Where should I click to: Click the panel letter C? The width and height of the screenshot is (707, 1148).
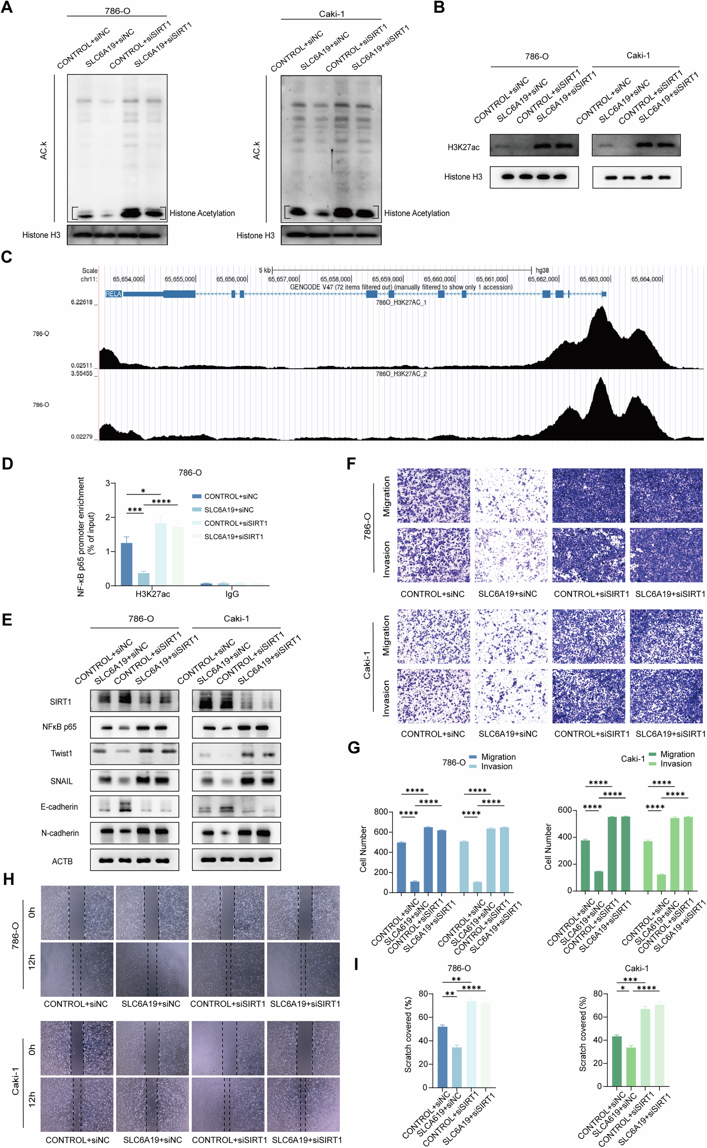[x=6, y=257]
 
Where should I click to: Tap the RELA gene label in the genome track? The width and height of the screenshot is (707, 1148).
[x=113, y=294]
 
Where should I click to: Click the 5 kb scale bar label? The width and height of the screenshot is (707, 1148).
[x=264, y=270]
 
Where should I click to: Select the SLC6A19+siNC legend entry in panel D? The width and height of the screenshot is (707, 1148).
[x=229, y=510]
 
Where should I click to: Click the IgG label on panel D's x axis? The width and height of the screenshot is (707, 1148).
[x=232, y=594]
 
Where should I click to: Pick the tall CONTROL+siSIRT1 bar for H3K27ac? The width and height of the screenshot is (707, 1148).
[x=160, y=554]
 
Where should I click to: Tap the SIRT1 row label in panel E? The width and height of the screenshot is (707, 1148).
[x=60, y=701]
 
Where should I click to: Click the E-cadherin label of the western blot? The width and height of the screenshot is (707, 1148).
[x=59, y=807]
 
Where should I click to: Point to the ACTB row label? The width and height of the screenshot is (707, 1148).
[x=62, y=861]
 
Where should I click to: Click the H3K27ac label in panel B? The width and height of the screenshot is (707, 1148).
[x=463, y=147]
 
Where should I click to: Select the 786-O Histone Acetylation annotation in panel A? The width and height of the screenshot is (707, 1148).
[x=202, y=213]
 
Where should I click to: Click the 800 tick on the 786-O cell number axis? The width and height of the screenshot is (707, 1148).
[x=381, y=812]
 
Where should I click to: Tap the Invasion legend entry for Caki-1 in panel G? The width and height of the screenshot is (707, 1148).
[x=676, y=764]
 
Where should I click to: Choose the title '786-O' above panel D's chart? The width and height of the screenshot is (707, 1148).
[x=190, y=473]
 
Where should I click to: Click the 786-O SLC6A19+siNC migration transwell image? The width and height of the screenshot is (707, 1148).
[x=511, y=495]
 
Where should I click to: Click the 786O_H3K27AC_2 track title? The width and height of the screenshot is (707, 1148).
[x=401, y=374]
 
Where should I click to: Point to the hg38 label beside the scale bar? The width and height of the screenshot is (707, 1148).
[x=542, y=270]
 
